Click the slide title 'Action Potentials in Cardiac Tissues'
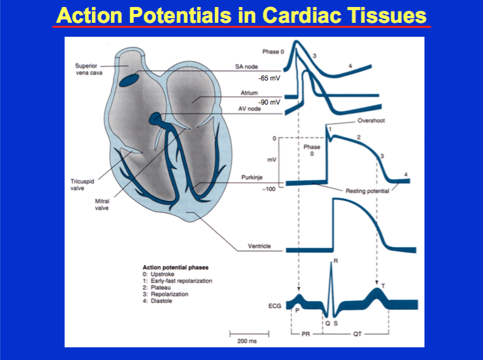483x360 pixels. [x=241, y=15]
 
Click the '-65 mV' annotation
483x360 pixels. [x=269, y=78]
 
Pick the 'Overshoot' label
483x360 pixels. [x=372, y=121]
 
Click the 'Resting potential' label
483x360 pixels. [x=367, y=190]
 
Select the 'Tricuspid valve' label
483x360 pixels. [x=82, y=184]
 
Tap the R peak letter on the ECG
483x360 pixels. [x=335, y=261]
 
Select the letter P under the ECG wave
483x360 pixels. [x=296, y=310]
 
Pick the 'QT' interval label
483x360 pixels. [x=356, y=335]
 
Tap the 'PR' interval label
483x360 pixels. [x=307, y=335]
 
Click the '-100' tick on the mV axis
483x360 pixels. [x=273, y=189]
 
